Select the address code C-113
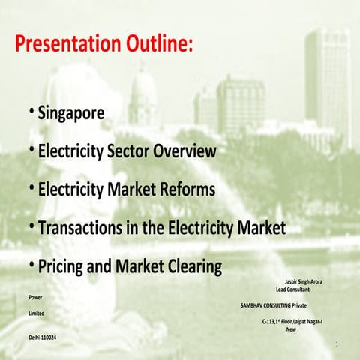point(271,321)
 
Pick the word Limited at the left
point(36,312)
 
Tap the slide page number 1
point(338,344)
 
